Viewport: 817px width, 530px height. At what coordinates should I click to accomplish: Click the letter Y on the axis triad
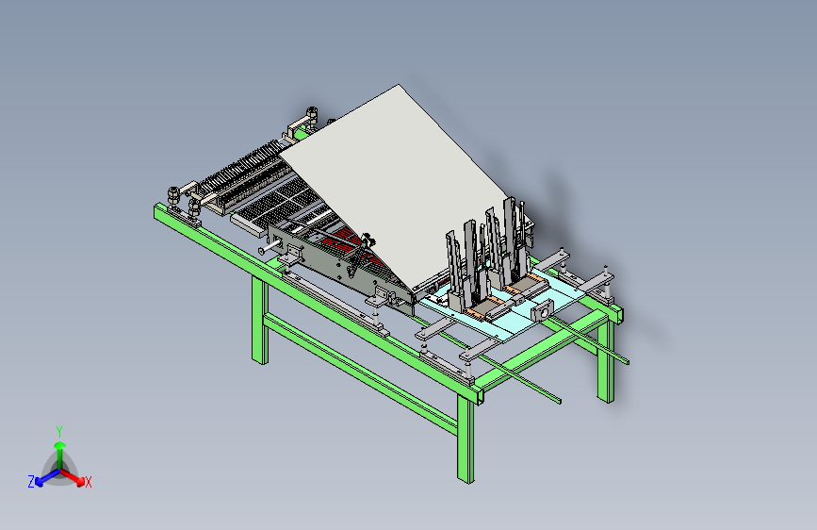click(x=59, y=431)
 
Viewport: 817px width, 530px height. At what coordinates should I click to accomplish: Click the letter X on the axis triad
click(x=88, y=483)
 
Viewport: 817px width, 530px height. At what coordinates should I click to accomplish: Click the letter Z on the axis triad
click(x=31, y=482)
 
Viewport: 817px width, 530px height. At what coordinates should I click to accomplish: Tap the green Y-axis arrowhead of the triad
click(x=60, y=445)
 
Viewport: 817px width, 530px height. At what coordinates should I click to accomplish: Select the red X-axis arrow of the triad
click(x=72, y=476)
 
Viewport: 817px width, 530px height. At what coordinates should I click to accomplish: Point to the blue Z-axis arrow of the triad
click(x=48, y=477)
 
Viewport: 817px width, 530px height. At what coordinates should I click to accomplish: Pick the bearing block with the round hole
click(x=542, y=313)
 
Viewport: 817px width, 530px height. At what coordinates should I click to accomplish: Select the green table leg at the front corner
click(x=466, y=439)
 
